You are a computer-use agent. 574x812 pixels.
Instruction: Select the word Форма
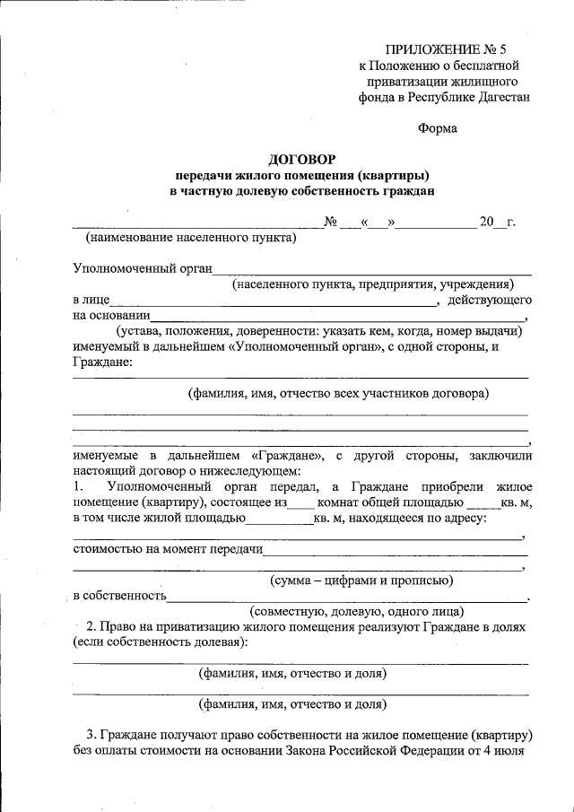pos(438,127)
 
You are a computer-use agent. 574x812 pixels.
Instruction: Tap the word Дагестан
pos(499,96)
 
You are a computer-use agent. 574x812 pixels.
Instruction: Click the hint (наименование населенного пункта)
pos(190,238)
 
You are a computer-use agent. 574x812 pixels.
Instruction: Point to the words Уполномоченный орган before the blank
pos(142,267)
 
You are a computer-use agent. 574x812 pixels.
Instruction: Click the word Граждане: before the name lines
pos(102,362)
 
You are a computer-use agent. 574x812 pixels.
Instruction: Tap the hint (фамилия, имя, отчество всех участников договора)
pos(337,393)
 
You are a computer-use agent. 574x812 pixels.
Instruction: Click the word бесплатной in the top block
pos(479,65)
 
